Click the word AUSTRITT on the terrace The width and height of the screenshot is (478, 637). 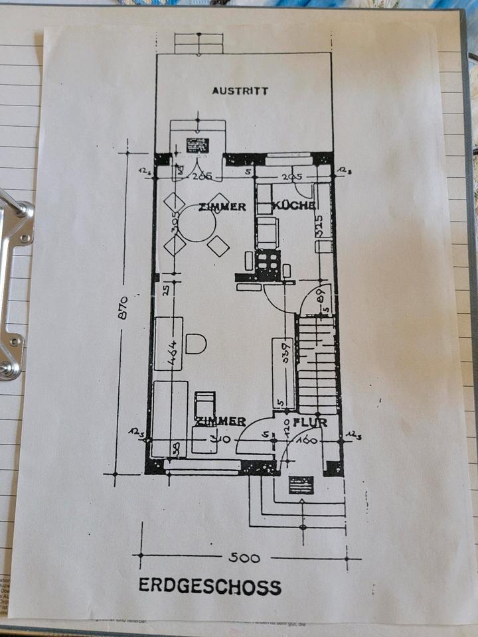tap(240, 90)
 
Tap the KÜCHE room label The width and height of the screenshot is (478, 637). tap(293, 206)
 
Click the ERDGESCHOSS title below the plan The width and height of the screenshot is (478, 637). tap(210, 587)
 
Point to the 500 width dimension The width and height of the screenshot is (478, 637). tap(244, 557)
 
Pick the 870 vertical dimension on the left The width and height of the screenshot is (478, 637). tap(123, 308)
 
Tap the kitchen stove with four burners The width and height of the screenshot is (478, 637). tap(268, 264)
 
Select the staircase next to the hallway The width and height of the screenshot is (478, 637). tap(317, 365)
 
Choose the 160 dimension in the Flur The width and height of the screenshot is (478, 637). tap(307, 440)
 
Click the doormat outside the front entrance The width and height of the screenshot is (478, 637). tap(301, 485)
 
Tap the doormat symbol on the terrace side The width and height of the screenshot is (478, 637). tap(197, 145)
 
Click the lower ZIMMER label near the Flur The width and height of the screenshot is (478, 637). tap(220, 421)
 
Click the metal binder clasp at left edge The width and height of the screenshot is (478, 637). tap(15, 285)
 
